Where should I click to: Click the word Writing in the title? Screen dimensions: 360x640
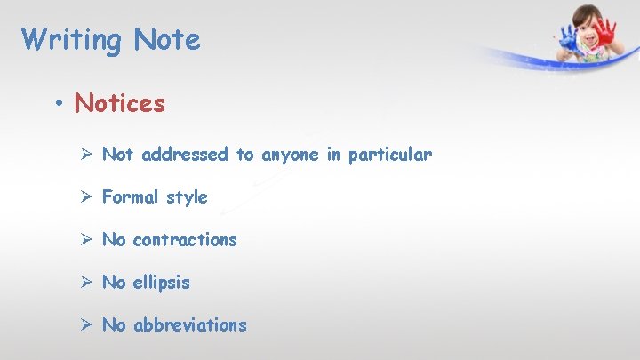click(72, 40)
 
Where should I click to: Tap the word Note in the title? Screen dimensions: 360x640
click(167, 40)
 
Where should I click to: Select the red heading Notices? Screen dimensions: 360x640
click(120, 104)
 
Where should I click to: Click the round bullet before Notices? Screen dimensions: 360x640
click(58, 104)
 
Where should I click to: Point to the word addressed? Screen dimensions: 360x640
click(184, 155)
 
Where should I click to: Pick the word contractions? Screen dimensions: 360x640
click(185, 240)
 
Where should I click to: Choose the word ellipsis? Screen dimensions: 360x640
click(161, 284)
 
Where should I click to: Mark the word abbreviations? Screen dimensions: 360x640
click(189, 325)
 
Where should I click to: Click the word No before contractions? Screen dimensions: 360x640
click(114, 240)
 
